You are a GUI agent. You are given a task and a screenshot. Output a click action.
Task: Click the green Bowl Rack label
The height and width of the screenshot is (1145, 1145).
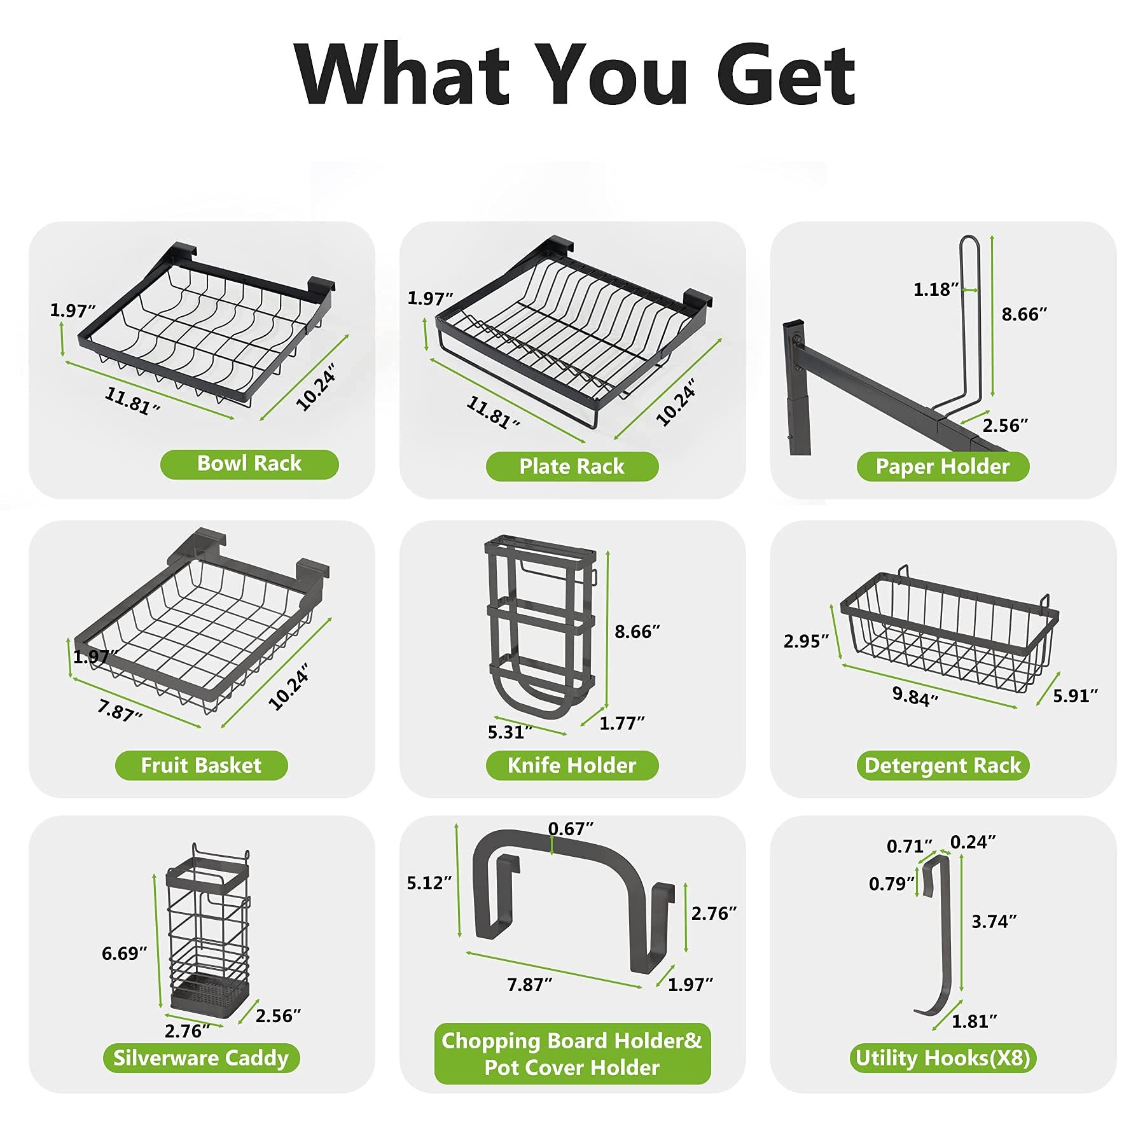(x=249, y=464)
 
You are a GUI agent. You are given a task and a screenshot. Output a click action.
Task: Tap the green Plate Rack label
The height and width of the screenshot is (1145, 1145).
(x=572, y=466)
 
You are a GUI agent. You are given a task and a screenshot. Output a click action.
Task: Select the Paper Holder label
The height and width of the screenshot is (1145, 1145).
(x=943, y=466)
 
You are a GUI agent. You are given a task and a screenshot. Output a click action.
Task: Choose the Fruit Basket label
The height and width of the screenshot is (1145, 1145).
(x=201, y=765)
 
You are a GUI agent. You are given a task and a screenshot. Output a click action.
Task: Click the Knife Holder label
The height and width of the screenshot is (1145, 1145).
(x=572, y=765)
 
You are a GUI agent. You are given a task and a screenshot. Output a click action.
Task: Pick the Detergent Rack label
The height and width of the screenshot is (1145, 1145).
(x=943, y=765)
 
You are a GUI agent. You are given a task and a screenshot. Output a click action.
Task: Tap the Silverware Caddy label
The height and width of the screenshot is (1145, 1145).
(x=201, y=1058)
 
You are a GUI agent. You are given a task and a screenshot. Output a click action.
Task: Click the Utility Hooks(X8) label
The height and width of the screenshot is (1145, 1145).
(x=943, y=1058)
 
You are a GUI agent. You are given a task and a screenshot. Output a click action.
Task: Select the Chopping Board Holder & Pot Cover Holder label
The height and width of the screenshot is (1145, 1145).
(x=572, y=1054)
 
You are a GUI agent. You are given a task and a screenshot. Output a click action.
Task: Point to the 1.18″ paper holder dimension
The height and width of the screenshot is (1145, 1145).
(x=936, y=290)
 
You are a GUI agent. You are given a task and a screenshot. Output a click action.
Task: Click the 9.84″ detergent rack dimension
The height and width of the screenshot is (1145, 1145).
(x=915, y=696)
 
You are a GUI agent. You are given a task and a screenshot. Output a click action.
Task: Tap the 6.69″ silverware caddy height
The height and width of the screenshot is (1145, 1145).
(x=125, y=954)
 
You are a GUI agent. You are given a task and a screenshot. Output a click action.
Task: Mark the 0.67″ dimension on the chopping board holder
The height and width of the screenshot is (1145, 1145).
(x=571, y=829)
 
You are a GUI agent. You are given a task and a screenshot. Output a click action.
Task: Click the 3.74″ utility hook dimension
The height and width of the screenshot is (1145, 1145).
(x=994, y=922)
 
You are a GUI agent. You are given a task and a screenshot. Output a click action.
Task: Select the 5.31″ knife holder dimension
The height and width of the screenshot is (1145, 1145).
(x=510, y=732)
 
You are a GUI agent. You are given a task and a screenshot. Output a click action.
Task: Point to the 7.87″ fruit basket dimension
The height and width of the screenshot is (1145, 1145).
(x=120, y=710)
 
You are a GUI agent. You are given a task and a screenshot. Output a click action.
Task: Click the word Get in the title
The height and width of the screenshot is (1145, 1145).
(x=786, y=75)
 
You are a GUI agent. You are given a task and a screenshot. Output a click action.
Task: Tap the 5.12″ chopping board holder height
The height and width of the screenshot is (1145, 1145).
(x=429, y=883)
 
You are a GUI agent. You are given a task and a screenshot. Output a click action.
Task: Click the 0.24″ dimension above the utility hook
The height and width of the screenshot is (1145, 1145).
(x=973, y=842)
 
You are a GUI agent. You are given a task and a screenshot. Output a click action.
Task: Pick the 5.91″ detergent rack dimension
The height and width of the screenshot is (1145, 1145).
(x=1076, y=696)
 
